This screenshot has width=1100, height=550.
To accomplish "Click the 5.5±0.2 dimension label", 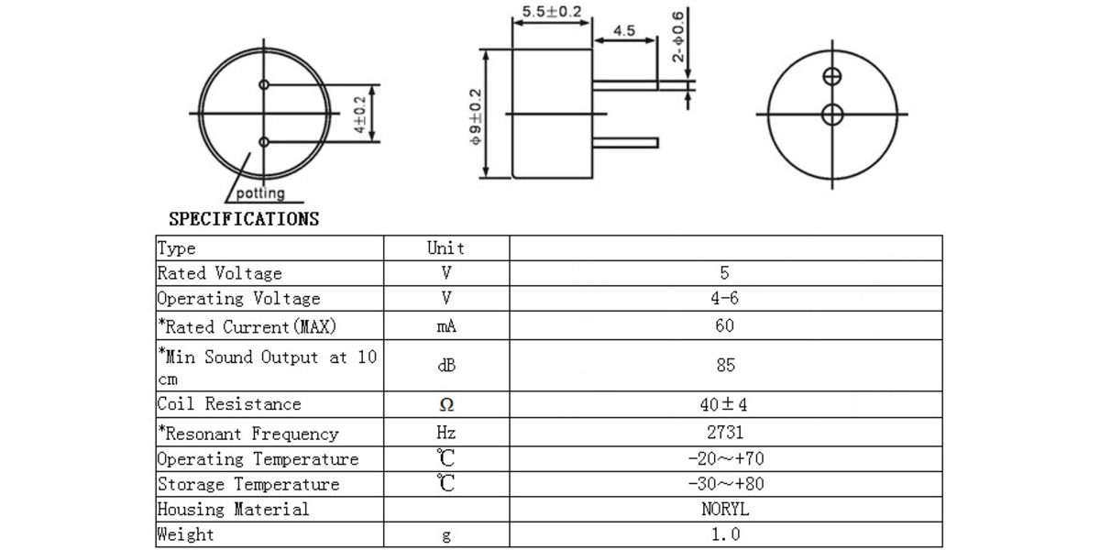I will click(x=551, y=12).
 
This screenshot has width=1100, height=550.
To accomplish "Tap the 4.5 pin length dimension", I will click(x=624, y=30).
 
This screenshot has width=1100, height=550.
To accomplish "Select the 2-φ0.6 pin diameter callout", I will click(x=677, y=37).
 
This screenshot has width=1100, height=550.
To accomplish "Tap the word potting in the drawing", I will click(x=260, y=193).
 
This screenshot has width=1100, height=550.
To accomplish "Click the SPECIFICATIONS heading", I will click(x=244, y=219).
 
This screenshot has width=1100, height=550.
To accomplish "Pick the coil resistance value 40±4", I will click(x=724, y=404).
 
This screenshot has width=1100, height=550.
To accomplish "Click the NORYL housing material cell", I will click(x=724, y=510).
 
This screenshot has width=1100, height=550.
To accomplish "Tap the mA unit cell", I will click(x=446, y=326).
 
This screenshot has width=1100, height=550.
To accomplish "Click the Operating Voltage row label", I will click(x=239, y=299).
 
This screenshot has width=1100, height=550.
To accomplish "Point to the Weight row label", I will click(x=185, y=534).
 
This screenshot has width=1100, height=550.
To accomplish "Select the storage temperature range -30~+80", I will click(x=724, y=484).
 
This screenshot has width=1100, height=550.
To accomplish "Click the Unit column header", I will click(x=446, y=248).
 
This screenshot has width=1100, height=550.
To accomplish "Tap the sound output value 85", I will click(x=724, y=365).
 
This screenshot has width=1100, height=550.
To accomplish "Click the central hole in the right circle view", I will click(x=832, y=115).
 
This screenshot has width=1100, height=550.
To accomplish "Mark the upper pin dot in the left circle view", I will click(x=264, y=85).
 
